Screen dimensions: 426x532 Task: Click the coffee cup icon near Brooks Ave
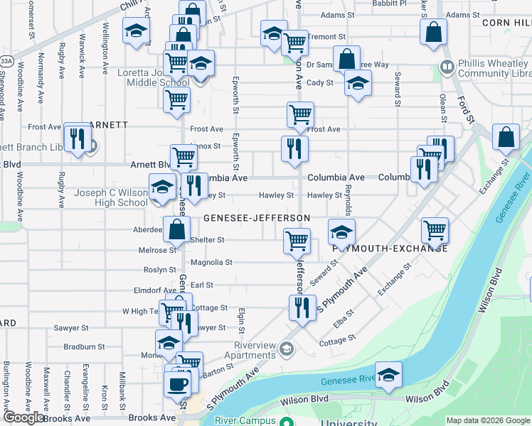click(x=177, y=384)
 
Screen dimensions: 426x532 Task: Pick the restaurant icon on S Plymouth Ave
click(x=302, y=308)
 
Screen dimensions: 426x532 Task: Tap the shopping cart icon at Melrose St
click(x=296, y=241)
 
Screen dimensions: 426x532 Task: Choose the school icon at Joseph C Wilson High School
click(x=162, y=187)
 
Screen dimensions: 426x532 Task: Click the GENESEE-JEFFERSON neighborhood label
click(x=256, y=218)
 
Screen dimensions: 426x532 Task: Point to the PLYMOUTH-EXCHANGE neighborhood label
click(x=390, y=248)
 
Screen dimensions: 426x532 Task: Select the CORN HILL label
click(x=506, y=23)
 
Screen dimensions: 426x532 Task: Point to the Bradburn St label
click(x=85, y=347)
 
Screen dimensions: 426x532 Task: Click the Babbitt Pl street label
click(x=390, y=3)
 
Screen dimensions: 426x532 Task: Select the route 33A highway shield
click(x=6, y=62)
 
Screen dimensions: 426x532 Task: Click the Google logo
click(x=23, y=417)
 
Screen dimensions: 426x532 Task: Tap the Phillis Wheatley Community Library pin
click(x=447, y=68)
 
